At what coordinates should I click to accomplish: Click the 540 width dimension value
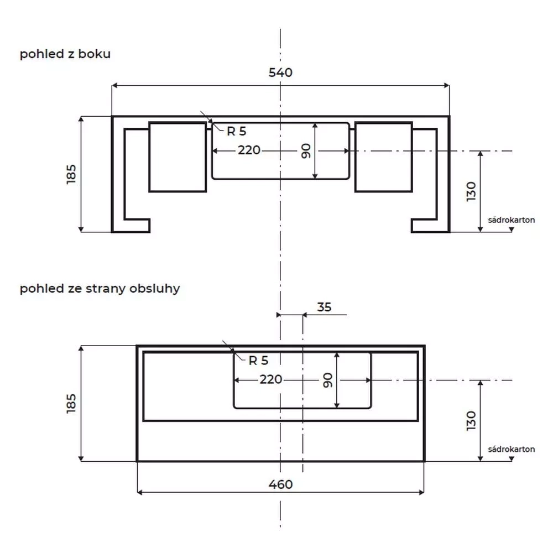pyautogui.click(x=280, y=72)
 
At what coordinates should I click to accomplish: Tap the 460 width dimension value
pyautogui.click(x=280, y=484)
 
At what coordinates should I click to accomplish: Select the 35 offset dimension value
pyautogui.click(x=324, y=307)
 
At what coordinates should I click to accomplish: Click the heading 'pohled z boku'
pyautogui.click(x=65, y=54)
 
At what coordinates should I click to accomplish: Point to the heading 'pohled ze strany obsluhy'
pyautogui.click(x=100, y=289)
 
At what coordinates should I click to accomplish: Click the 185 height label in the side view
pyautogui.click(x=71, y=174)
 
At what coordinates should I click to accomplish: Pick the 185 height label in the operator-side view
pyautogui.click(x=71, y=404)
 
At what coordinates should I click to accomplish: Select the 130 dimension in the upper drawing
pyautogui.click(x=471, y=191)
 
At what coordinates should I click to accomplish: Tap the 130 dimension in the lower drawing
pyautogui.click(x=471, y=421)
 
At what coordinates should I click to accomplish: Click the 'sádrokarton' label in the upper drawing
pyautogui.click(x=512, y=220)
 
